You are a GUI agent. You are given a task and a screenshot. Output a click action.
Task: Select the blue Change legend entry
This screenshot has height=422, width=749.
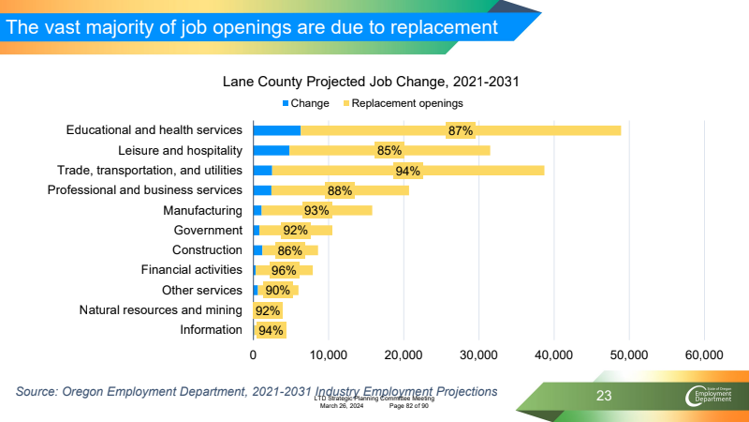304,102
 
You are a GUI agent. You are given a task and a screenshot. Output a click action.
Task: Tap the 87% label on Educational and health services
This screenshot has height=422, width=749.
460,130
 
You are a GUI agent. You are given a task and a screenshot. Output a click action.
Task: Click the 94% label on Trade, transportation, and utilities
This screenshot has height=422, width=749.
407,171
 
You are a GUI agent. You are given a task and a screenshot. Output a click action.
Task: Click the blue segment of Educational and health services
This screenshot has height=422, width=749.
276,130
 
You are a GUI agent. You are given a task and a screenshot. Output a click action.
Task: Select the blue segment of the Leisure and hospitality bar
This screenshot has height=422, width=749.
271,150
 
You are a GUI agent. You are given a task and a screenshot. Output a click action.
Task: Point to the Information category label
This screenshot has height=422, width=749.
211,329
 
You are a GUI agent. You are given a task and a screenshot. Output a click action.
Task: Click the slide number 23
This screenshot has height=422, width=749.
604,397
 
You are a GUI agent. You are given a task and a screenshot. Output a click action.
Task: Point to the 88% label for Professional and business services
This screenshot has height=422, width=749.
340,190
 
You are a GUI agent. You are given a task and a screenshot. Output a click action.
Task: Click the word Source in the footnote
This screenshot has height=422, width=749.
38,390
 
